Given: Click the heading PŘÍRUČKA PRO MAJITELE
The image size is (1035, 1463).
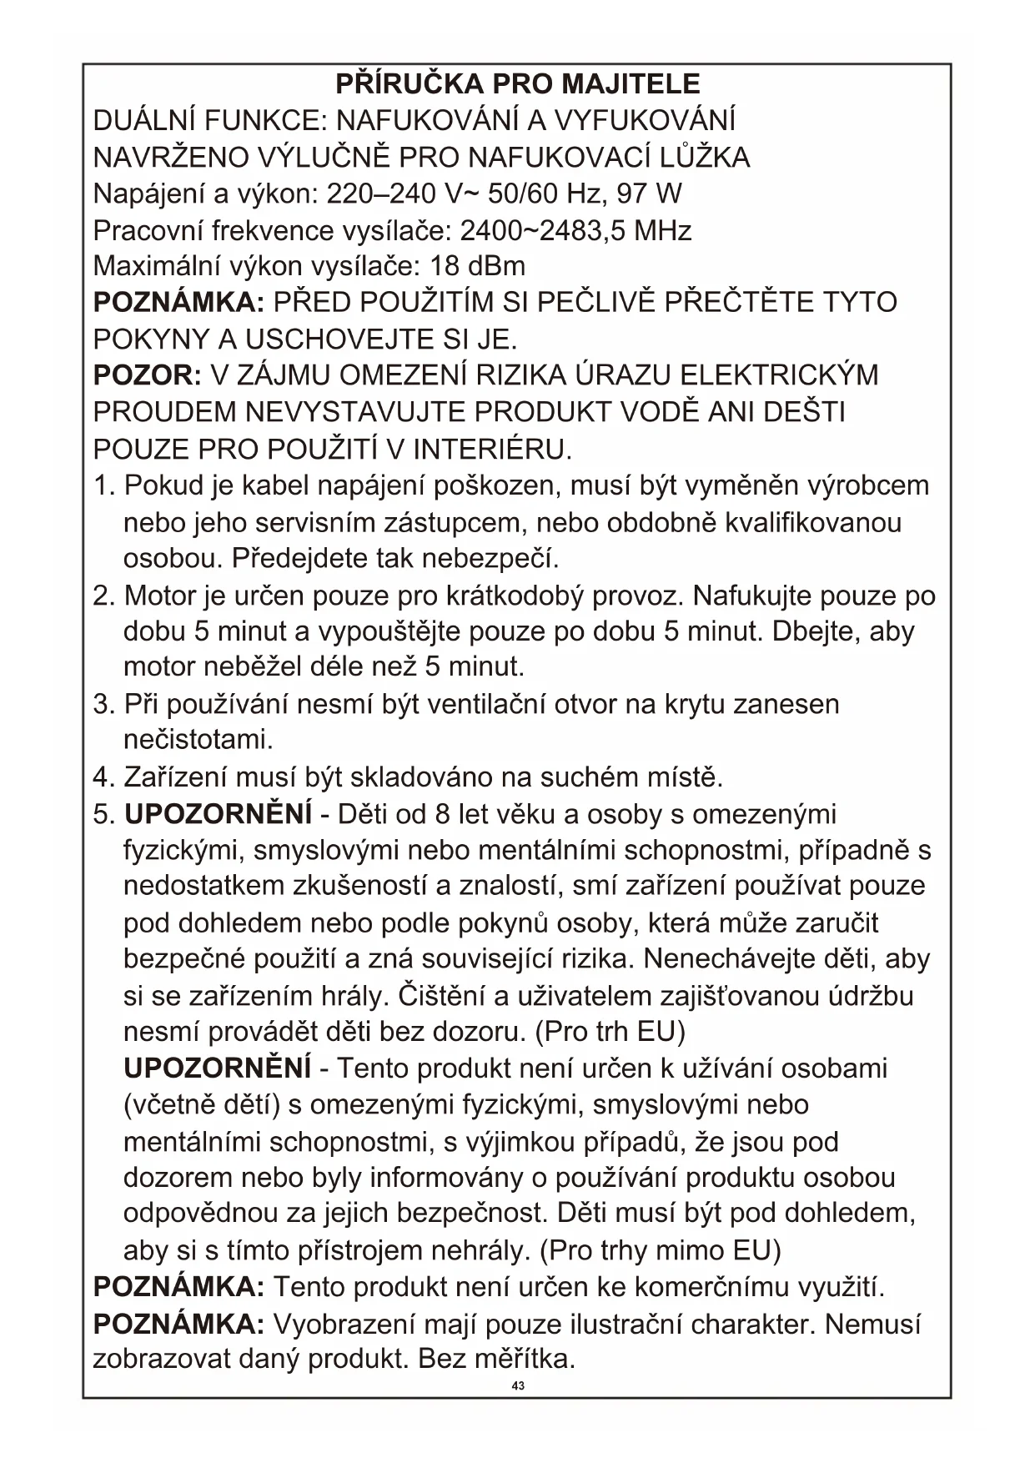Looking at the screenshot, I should click(x=517, y=83).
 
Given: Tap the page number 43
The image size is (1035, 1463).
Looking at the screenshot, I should click(x=518, y=1385).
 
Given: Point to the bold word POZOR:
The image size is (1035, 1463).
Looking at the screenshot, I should click(x=147, y=375).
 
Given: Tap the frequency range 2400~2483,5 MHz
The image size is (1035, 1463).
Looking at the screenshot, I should click(x=575, y=230).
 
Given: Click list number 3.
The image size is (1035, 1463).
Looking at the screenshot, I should click(x=103, y=704).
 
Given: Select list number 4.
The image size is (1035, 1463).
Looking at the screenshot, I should click(x=103, y=777).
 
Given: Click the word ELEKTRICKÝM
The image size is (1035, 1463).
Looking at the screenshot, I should click(x=779, y=375).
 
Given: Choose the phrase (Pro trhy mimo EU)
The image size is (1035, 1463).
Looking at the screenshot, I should click(x=661, y=1250).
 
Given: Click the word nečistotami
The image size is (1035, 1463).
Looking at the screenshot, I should click(x=198, y=739).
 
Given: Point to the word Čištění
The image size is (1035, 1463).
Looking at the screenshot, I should click(x=442, y=995).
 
